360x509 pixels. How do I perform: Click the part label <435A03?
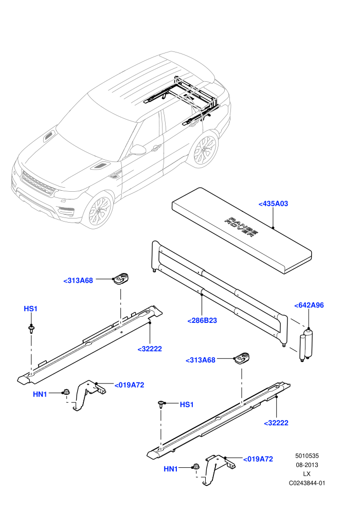[x=273, y=204]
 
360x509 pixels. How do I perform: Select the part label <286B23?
[x=202, y=320]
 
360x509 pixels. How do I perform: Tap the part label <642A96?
[x=309, y=305]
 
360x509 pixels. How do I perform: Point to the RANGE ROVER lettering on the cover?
[x=242, y=227]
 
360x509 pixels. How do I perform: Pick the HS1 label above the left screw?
[x=30, y=308]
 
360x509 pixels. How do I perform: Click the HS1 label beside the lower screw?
[x=187, y=405]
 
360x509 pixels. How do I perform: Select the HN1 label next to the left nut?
[x=40, y=394]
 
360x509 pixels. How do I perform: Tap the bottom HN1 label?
[x=171, y=469]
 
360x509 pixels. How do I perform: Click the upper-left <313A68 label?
[x=78, y=281]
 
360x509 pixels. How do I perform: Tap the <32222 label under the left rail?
[x=150, y=349]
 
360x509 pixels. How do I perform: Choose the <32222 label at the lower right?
[x=276, y=423]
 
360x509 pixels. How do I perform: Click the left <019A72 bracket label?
[x=129, y=385]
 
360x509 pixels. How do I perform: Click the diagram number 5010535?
[x=307, y=456]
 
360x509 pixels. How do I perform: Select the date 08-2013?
[x=307, y=465]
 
